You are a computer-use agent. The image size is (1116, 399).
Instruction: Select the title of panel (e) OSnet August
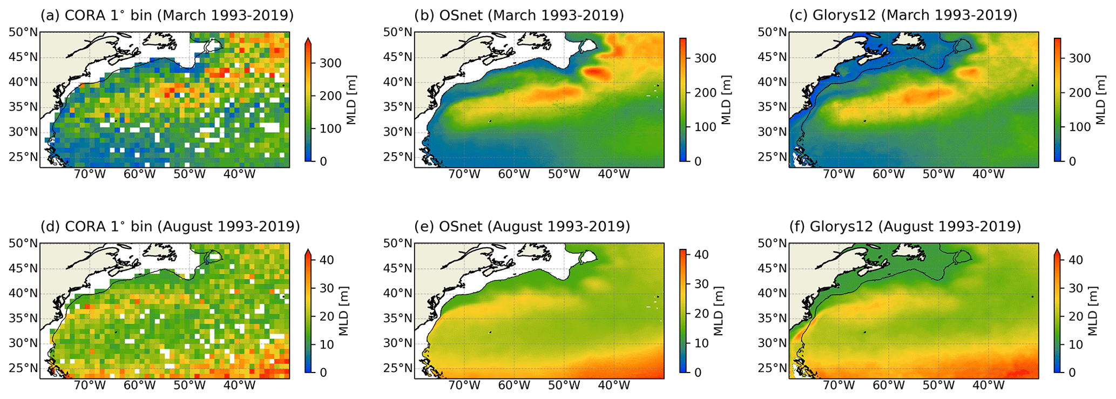coord(522,226)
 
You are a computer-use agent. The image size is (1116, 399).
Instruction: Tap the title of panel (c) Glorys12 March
coord(903,15)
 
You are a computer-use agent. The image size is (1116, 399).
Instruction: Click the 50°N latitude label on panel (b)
coord(398,32)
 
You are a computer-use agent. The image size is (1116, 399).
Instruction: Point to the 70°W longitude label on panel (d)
coord(90,386)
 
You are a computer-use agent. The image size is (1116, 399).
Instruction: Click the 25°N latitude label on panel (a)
coord(24,157)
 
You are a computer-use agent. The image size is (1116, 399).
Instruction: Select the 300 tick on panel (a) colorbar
coord(330,63)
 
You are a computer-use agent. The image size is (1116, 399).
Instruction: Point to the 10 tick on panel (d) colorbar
coord(327,344)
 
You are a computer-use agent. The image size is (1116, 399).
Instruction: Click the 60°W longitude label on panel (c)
coord(888,174)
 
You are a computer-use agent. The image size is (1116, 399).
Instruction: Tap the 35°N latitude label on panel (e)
coord(398,318)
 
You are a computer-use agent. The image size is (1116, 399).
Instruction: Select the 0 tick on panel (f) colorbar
coord(1072,373)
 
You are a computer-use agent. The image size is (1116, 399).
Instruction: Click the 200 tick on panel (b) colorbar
coord(705,93)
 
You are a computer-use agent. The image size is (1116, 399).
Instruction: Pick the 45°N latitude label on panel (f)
coord(772,268)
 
